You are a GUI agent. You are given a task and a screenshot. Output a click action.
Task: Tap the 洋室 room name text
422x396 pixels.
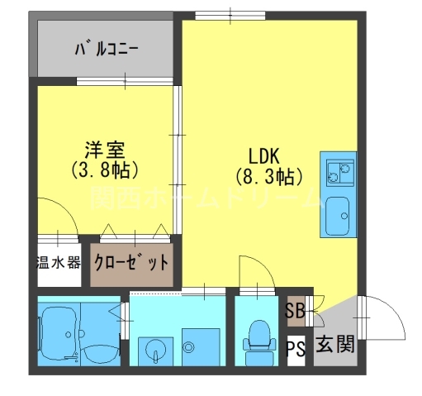[104, 150]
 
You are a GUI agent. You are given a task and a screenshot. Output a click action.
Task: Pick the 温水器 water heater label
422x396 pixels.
[57, 265]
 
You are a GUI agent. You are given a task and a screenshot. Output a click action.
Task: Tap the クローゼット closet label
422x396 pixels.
[131, 264]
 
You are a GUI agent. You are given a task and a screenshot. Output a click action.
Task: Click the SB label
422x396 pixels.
[295, 312]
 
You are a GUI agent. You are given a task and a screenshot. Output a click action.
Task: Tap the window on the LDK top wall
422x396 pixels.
[225, 13]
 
